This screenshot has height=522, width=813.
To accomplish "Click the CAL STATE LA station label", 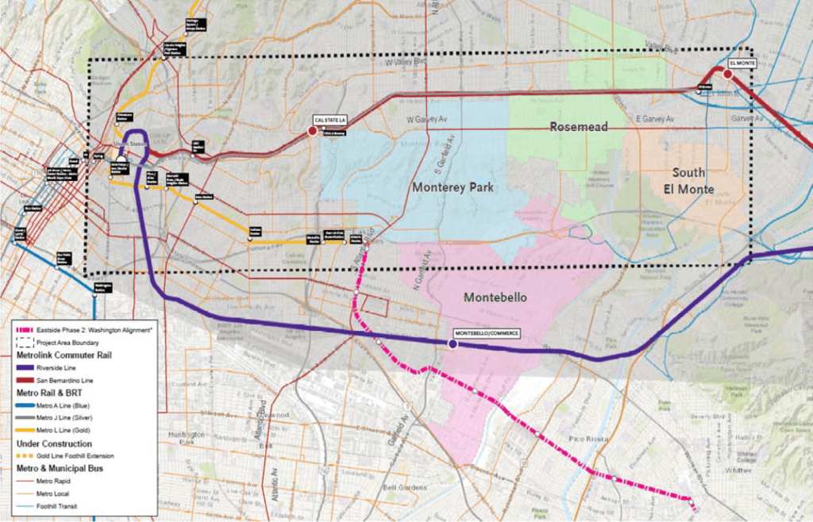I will tap(331, 119).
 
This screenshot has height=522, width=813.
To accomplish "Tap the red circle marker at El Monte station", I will tap(727, 74).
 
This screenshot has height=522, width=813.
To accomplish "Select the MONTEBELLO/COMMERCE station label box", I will tap(485, 333).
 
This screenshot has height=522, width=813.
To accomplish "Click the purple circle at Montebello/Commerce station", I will tap(452, 344).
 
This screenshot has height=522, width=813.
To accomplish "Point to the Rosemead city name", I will tap(578, 127).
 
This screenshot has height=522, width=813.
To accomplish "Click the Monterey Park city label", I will tap(453, 188).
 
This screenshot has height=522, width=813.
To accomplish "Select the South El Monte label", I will tap(688, 181).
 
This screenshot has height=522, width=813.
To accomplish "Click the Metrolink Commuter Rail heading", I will tap(64, 355).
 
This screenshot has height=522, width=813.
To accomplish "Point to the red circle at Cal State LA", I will tap(313, 129).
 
